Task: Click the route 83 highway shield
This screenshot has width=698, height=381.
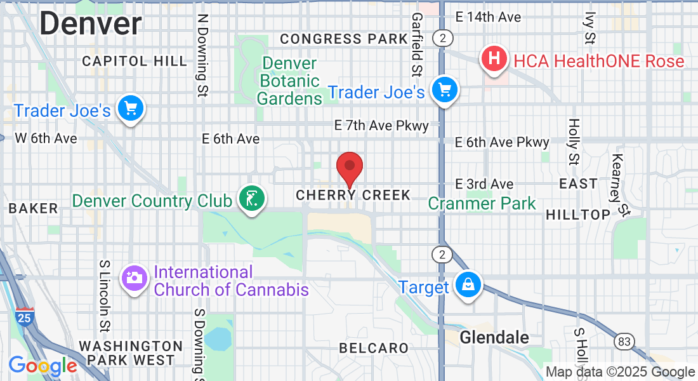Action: point(624,342)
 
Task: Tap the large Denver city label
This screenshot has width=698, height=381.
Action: point(91,23)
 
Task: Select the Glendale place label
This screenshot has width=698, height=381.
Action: point(494,337)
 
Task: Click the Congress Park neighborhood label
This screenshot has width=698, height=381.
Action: point(344,39)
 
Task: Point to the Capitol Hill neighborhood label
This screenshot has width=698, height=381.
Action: point(135,61)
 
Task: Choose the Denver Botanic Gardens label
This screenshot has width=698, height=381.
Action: point(289,81)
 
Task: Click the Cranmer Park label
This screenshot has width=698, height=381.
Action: point(482,203)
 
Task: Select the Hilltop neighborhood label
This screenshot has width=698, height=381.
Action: point(578,215)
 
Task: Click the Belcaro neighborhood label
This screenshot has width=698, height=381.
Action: point(374,348)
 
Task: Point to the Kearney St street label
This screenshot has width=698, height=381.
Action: point(620,184)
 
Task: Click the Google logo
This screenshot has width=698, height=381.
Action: point(43,366)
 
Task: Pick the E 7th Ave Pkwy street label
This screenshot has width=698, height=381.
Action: point(381,126)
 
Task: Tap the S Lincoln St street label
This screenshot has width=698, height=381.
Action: point(105,295)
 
